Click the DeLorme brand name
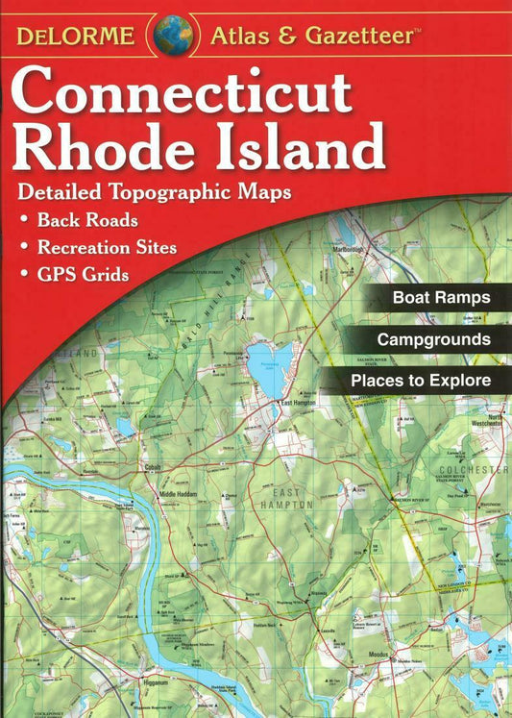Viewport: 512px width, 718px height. [76, 37]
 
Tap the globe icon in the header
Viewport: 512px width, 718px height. [173, 35]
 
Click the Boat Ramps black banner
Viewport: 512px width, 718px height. [440, 298]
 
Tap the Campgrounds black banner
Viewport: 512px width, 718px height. [432, 339]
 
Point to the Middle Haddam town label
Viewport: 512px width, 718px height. [178, 495]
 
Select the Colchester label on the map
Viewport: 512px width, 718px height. [476, 469]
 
